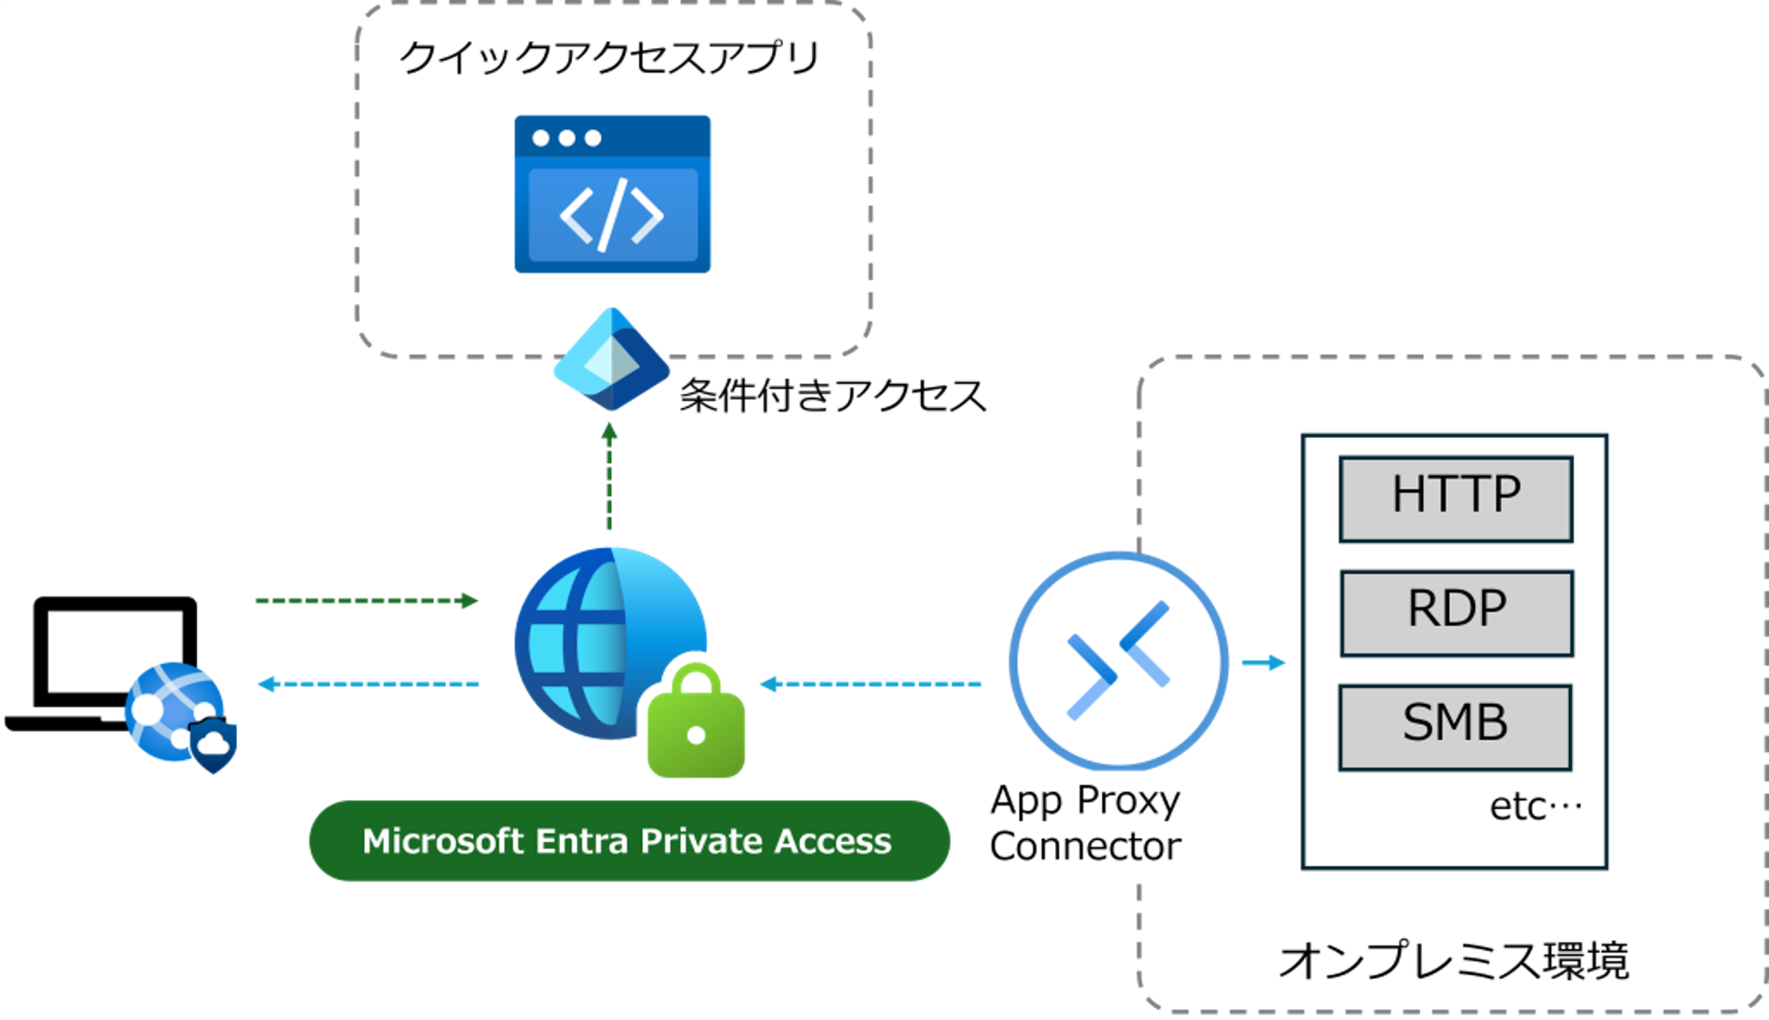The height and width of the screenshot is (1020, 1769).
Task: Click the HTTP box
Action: click(x=1456, y=499)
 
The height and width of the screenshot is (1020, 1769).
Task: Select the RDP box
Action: click(x=1456, y=613)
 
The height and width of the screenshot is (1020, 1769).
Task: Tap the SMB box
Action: click(x=1456, y=728)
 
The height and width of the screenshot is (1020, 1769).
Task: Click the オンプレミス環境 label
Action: click(x=1453, y=961)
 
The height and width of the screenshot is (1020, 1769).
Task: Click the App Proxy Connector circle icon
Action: click(x=1118, y=661)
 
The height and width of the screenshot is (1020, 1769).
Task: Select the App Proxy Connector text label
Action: click(x=1085, y=823)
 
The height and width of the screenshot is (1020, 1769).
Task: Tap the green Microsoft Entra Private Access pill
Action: click(x=628, y=840)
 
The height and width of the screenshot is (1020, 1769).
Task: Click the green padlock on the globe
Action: click(x=696, y=723)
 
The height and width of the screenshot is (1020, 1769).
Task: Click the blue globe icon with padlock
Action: click(x=599, y=643)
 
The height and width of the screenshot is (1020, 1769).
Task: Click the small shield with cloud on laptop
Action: click(x=213, y=745)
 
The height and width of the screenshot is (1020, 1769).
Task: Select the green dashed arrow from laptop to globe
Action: click(x=366, y=600)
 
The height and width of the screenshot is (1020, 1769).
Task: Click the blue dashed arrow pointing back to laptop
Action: click(x=368, y=684)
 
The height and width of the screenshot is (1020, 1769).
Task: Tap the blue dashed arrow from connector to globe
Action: click(x=870, y=684)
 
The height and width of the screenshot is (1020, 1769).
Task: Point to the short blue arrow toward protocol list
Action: click(x=1263, y=662)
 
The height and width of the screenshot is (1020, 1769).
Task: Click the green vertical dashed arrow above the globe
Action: click(x=609, y=477)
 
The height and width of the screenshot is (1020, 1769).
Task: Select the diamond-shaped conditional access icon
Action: click(x=611, y=360)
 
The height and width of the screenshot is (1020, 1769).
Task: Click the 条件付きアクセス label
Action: click(x=832, y=396)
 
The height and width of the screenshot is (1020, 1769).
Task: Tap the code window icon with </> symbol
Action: click(x=612, y=194)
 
